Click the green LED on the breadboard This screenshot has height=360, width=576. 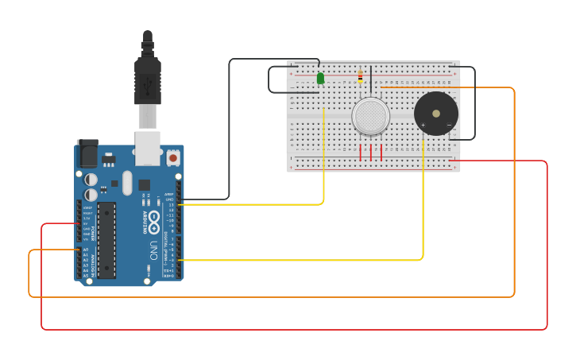(320, 78)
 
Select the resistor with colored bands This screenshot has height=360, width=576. (360, 76)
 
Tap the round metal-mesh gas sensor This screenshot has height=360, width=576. (371, 117)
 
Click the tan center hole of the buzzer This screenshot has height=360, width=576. (435, 114)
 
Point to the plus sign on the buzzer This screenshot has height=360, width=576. (423, 125)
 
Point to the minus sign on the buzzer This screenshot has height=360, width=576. (449, 125)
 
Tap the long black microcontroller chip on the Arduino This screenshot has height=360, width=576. (106, 240)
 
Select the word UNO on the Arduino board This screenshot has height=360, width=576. (153, 250)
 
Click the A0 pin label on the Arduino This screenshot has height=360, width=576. (86, 250)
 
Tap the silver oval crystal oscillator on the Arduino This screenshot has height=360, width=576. (127, 184)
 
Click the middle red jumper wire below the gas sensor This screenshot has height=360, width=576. (371, 152)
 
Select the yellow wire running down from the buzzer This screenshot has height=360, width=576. (423, 199)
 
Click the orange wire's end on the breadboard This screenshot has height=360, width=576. (382, 87)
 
